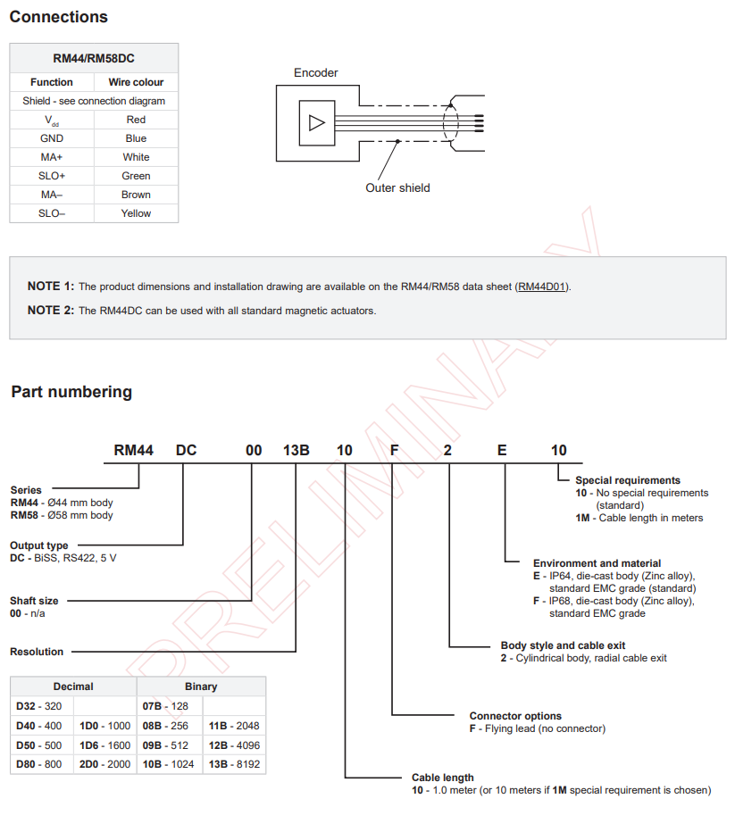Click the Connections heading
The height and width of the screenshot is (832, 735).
pyautogui.click(x=58, y=17)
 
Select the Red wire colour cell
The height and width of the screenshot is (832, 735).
pyautogui.click(x=136, y=120)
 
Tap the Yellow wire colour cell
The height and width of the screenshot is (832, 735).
pyautogui.click(x=136, y=213)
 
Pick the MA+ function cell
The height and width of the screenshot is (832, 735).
pyautogui.click(x=52, y=157)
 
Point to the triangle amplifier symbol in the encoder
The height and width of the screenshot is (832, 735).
pyautogui.click(x=316, y=123)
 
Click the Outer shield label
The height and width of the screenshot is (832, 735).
pyautogui.click(x=397, y=187)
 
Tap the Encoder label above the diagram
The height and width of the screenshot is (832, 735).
pyautogui.click(x=316, y=73)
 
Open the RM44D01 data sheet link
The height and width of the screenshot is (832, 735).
pyautogui.click(x=542, y=287)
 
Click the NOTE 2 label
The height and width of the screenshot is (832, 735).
pyautogui.click(x=51, y=311)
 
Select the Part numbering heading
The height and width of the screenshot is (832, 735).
pyautogui.click(x=71, y=392)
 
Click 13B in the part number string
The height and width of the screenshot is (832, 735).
pyautogui.click(x=296, y=450)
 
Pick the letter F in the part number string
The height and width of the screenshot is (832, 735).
pyautogui.click(x=394, y=450)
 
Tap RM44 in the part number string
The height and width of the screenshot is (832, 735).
pyautogui.click(x=134, y=450)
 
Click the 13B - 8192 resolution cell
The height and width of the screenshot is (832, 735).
pyautogui.click(x=234, y=764)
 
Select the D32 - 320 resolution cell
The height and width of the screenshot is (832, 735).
pyautogui.click(x=39, y=706)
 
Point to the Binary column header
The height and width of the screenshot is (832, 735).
pyautogui.click(x=201, y=686)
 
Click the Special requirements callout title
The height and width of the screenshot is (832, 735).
pyautogui.click(x=628, y=480)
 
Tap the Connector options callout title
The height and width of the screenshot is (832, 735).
pyautogui.click(x=515, y=716)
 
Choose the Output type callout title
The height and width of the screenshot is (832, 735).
pyautogui.click(x=38, y=545)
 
